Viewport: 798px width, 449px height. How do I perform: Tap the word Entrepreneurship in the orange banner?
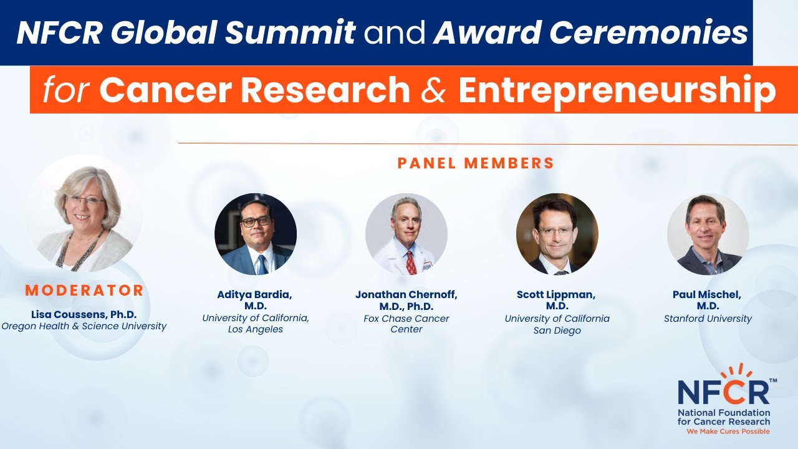(617, 90)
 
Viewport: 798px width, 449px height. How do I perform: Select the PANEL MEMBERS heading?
(476, 163)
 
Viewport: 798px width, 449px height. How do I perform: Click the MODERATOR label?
(84, 290)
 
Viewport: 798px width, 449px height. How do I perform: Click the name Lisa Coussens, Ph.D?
(84, 314)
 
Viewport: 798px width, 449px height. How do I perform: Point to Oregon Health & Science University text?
(84, 326)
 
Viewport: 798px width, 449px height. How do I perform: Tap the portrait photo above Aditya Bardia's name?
(256, 234)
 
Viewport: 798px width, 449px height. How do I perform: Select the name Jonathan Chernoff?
(406, 295)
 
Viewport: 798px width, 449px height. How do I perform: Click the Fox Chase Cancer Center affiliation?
(406, 324)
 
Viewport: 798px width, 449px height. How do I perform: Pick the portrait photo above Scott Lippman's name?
(557, 234)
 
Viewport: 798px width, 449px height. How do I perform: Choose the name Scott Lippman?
(557, 295)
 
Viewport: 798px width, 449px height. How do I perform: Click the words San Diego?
(557, 331)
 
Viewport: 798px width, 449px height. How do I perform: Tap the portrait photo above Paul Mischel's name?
(708, 234)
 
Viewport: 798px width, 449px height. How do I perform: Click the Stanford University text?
(708, 319)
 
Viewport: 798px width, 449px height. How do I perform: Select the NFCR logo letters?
(723, 391)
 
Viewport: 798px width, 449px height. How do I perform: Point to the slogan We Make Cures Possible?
(728, 432)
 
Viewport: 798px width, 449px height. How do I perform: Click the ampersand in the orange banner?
(434, 90)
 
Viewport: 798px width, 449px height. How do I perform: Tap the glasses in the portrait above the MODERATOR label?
(86, 200)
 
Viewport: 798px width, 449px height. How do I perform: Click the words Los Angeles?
(256, 329)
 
